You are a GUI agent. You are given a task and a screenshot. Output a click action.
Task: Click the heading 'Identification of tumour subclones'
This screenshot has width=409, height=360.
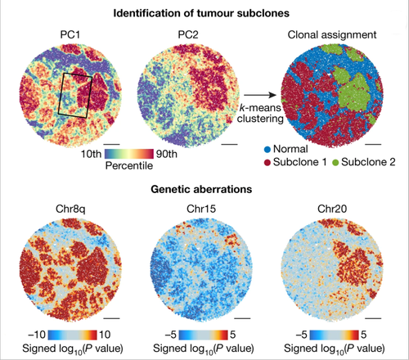[204, 13]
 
